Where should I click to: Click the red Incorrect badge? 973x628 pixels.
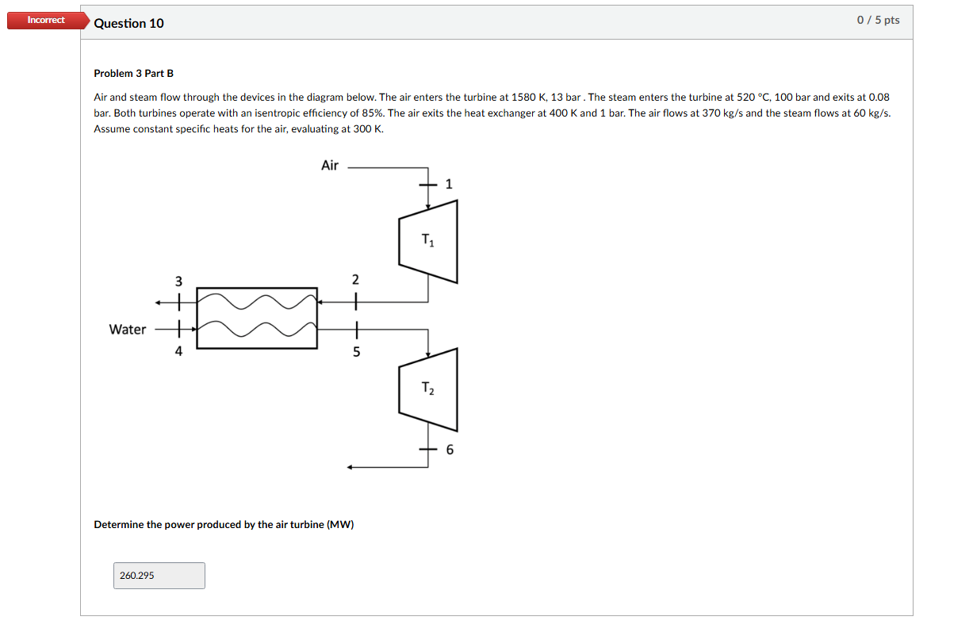tap(46, 20)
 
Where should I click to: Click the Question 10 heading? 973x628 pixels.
tap(128, 23)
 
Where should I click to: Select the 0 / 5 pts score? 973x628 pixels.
tap(878, 20)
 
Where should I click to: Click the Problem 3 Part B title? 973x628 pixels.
tap(133, 73)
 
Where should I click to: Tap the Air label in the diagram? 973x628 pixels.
tap(330, 165)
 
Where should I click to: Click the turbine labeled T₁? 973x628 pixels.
tap(428, 241)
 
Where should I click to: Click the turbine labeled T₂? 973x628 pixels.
tap(428, 389)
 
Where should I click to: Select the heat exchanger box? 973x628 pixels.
tap(257, 317)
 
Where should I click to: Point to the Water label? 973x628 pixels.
tap(128, 329)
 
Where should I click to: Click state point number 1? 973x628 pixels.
tap(449, 185)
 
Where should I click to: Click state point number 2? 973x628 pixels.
tap(355, 280)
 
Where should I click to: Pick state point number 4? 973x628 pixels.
tap(178, 351)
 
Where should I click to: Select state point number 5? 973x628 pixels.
tap(356, 352)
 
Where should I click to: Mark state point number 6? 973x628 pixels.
tap(450, 450)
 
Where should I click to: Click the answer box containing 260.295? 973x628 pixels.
tap(159, 576)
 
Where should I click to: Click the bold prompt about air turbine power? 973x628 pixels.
tap(224, 525)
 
